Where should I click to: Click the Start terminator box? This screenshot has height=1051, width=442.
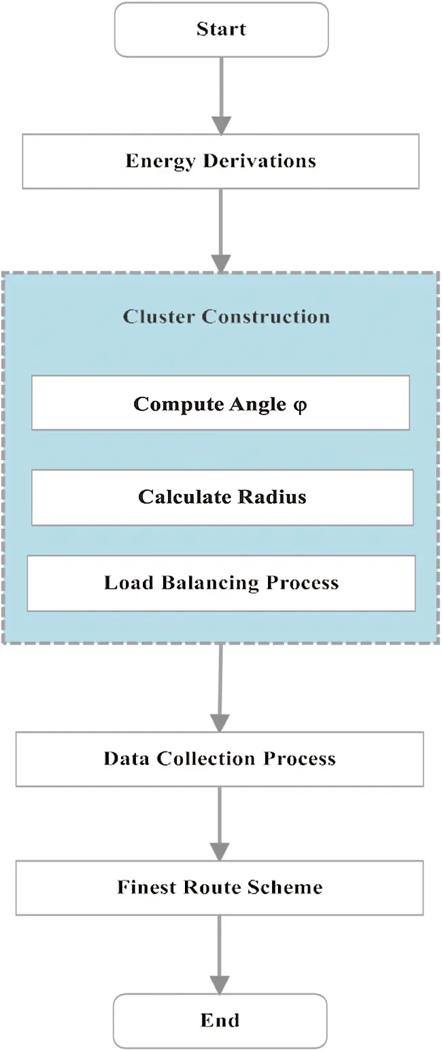click(x=221, y=29)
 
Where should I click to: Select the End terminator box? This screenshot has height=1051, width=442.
click(x=220, y=1020)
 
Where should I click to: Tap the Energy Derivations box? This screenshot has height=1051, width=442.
click(x=220, y=161)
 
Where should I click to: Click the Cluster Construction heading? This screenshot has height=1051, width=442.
click(x=226, y=317)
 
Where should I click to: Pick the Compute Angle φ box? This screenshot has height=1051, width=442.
click(x=220, y=403)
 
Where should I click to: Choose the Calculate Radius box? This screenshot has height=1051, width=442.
click(x=222, y=497)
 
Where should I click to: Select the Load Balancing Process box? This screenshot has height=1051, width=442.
click(x=221, y=583)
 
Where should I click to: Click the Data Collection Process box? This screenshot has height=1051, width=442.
click(x=220, y=759)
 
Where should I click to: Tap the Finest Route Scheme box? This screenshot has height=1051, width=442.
click(x=220, y=888)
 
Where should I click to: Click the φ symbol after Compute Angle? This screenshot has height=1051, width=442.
click(x=300, y=404)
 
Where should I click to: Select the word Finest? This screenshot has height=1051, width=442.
click(x=147, y=888)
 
